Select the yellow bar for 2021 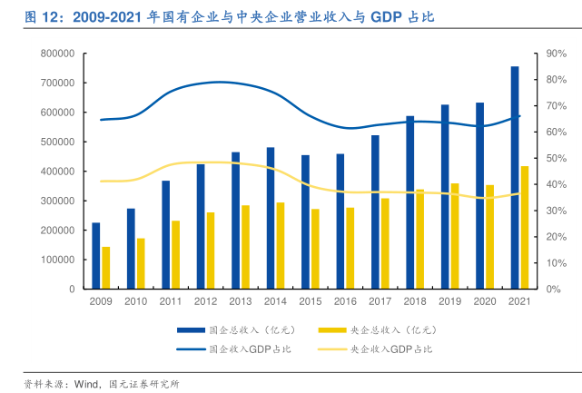click(x=525, y=227)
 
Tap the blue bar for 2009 click(x=96, y=255)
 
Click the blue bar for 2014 click(x=271, y=218)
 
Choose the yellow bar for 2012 click(x=211, y=251)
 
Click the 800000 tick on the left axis click(x=56, y=54)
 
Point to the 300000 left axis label click(x=56, y=201)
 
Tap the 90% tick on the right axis click(x=556, y=54)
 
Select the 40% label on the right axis click(x=556, y=184)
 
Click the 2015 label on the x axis click(x=311, y=301)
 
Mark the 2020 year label click(x=485, y=301)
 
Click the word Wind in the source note click(x=85, y=384)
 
